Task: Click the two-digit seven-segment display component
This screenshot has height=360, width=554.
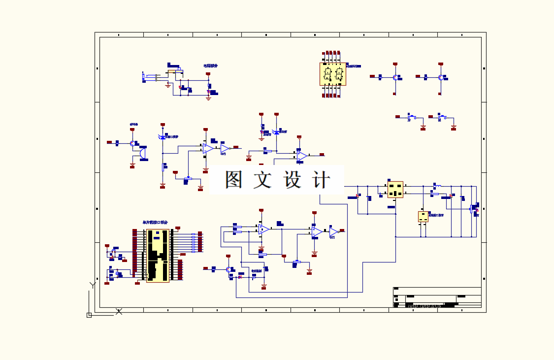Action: click(x=332, y=74)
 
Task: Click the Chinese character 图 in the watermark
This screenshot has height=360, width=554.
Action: click(x=234, y=180)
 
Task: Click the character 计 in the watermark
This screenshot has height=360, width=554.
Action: click(x=321, y=180)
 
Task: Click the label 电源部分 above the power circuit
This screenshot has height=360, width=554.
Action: click(x=210, y=65)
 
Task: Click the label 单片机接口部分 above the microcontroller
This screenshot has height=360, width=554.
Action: click(x=155, y=223)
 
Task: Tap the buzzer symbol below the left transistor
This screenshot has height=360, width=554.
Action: click(x=143, y=154)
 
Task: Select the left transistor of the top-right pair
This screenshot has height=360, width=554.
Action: click(x=395, y=77)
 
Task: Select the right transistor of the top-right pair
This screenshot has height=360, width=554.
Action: click(x=440, y=77)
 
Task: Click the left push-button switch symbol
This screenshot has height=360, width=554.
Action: click(x=412, y=117)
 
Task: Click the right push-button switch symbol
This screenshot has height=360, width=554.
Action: click(x=442, y=117)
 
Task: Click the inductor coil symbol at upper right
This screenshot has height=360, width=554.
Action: click(x=437, y=186)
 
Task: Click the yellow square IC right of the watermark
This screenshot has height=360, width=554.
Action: click(x=395, y=189)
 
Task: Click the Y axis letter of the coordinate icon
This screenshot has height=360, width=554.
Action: click(x=92, y=285)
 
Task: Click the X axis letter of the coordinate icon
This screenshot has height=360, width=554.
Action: click(x=119, y=311)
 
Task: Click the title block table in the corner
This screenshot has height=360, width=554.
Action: click(x=437, y=297)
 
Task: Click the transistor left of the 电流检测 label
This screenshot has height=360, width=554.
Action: click(x=229, y=269)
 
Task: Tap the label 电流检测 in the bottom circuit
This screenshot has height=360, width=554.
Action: click(x=257, y=271)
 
